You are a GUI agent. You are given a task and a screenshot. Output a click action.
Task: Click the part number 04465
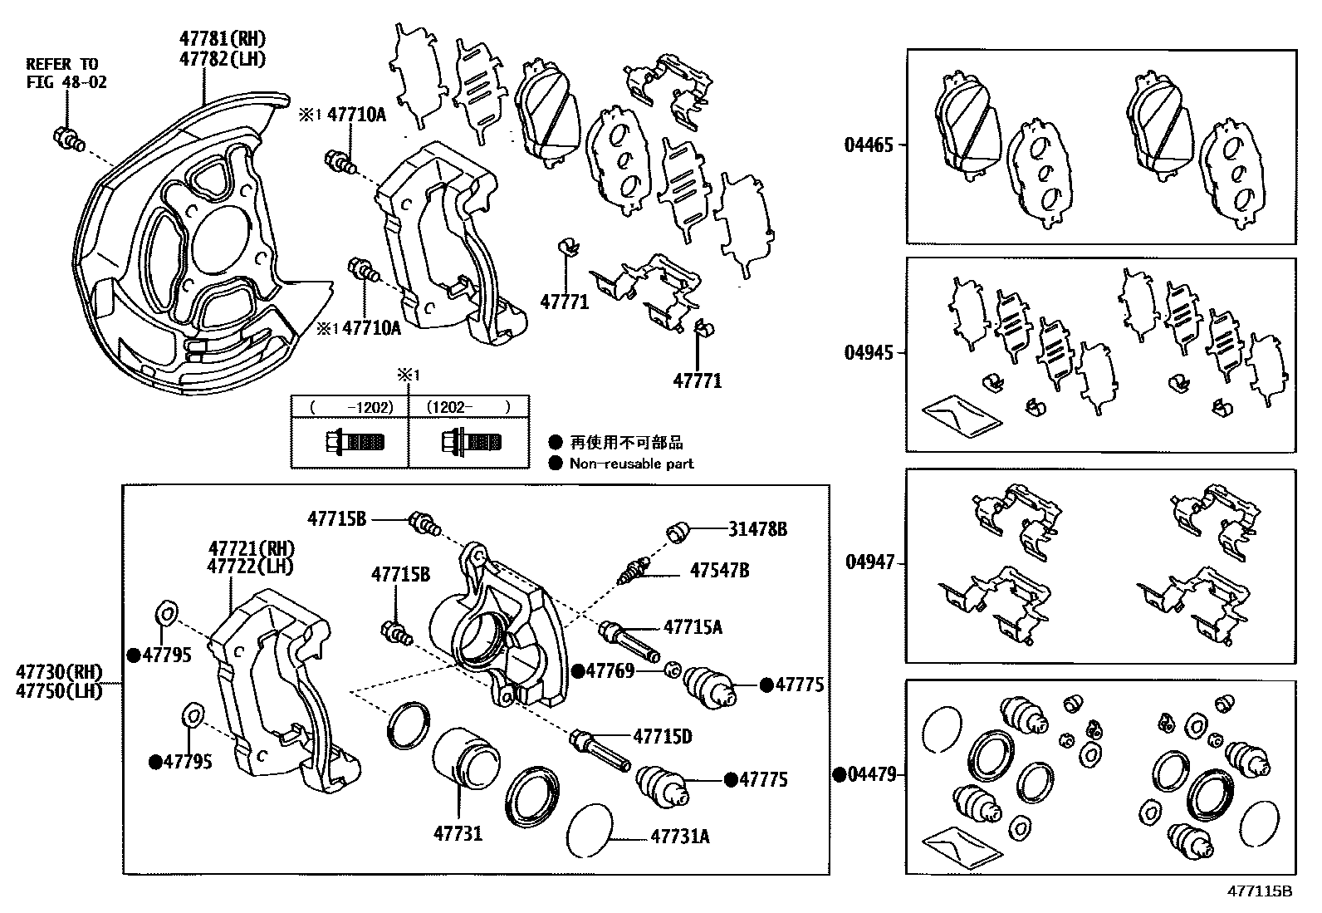[869, 145]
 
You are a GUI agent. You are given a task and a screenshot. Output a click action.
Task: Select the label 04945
[869, 352]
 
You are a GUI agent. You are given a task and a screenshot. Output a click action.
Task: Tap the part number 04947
[869, 562]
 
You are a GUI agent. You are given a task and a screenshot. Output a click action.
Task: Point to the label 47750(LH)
[58, 690]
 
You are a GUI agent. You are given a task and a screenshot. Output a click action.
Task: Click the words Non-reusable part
[631, 464]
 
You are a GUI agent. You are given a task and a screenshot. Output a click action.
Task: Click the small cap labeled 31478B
[679, 530]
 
